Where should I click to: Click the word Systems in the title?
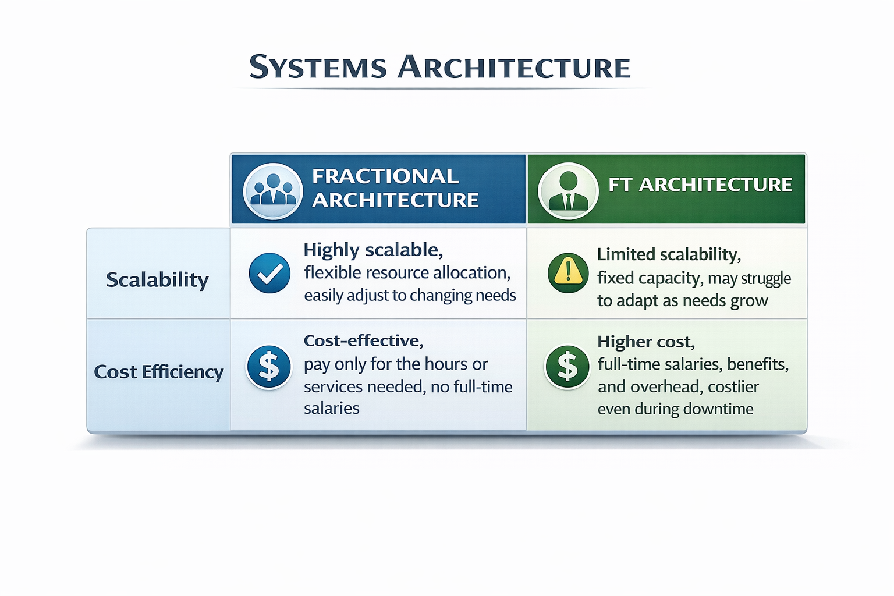[x=318, y=67]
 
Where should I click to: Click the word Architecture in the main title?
[x=514, y=67]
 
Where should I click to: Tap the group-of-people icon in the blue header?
[x=272, y=190]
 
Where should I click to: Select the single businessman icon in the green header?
[x=568, y=190]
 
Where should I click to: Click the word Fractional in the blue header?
[x=385, y=176]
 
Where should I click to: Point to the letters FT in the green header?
[x=620, y=185]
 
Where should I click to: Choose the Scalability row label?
[x=157, y=280]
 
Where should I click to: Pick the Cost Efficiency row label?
[x=158, y=372]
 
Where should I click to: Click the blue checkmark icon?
[x=269, y=273]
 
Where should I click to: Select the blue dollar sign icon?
[x=269, y=367]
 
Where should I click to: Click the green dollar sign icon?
[x=567, y=367]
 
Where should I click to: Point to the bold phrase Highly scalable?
[x=372, y=250]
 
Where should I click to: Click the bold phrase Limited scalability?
[x=668, y=254]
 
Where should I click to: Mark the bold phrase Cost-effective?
[x=363, y=340]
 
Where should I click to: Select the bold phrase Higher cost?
[x=645, y=342]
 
